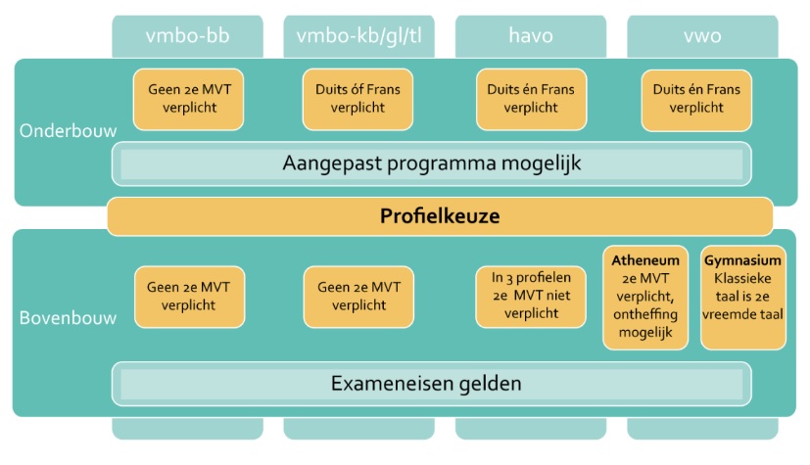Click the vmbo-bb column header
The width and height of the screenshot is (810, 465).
(x=187, y=36)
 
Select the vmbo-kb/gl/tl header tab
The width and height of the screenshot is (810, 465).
(x=359, y=36)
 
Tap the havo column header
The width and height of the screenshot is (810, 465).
(x=531, y=36)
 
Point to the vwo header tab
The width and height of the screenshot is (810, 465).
(x=702, y=36)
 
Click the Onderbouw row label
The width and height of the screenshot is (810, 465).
(x=69, y=131)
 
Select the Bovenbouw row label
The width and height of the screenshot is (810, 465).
(x=69, y=318)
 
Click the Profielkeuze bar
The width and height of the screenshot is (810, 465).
(x=440, y=216)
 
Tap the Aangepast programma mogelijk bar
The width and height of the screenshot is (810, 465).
(x=432, y=163)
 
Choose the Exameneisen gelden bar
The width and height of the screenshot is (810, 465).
(x=432, y=384)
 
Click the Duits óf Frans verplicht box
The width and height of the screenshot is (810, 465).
(x=358, y=99)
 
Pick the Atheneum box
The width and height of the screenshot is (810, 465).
(x=645, y=298)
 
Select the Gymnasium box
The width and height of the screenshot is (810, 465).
(x=742, y=298)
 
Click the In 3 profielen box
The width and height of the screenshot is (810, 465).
(x=531, y=297)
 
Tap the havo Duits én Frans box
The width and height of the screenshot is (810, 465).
(x=531, y=99)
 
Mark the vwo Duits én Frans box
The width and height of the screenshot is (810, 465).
(x=696, y=100)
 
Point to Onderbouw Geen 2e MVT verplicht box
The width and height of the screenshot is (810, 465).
(x=189, y=99)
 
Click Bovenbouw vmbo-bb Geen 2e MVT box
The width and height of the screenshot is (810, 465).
(x=190, y=297)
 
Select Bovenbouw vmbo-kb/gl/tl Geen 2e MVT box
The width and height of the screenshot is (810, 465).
(x=359, y=297)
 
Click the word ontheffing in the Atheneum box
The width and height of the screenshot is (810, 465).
(x=645, y=314)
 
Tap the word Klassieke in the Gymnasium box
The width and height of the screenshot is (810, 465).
(x=742, y=279)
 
